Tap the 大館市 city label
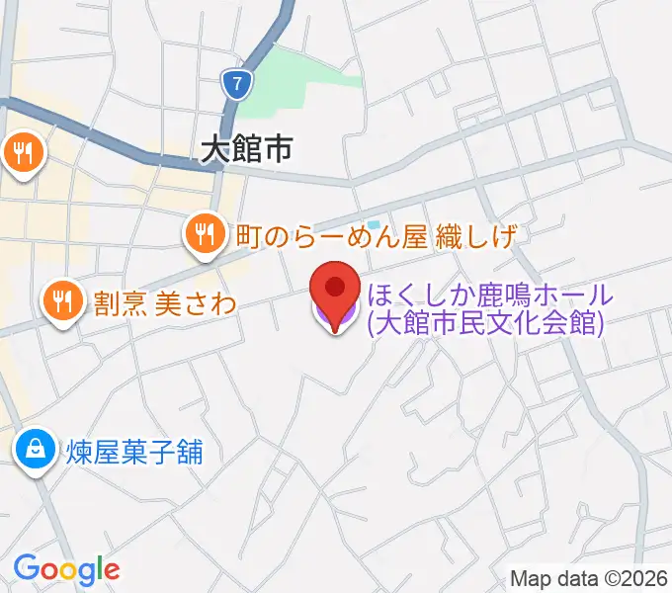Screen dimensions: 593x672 tap(246, 149)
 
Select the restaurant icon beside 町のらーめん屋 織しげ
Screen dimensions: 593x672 tap(204, 234)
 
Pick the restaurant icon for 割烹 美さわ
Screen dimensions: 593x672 tap(63, 300)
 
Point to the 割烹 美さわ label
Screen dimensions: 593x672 tap(165, 301)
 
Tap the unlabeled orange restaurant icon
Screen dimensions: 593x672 tap(21, 152)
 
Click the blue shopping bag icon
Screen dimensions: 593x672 tap(36, 451)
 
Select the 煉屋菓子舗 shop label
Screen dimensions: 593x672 tap(135, 452)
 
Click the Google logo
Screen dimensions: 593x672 tap(66, 569)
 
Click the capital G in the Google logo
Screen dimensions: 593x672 tap(26, 568)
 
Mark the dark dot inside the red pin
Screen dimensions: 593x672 tap(336, 287)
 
